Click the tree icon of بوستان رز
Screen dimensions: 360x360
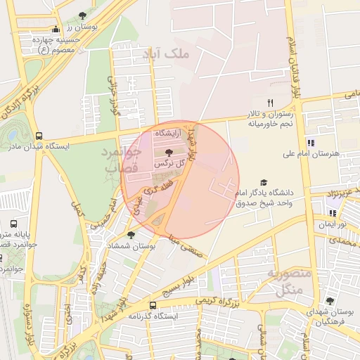click(82, 15)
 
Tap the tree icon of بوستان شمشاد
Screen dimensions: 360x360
click(131, 235)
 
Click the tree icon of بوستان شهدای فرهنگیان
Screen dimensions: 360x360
click(330, 301)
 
